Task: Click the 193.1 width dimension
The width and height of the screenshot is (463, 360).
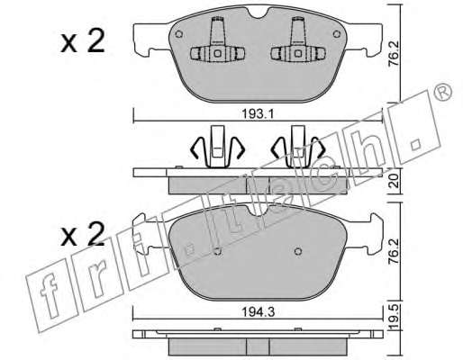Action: pyautogui.click(x=258, y=114)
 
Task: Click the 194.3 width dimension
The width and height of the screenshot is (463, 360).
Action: pyautogui.click(x=259, y=312)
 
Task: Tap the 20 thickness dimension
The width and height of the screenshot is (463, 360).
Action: pyautogui.click(x=395, y=181)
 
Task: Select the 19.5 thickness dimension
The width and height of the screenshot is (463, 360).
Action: pyautogui.click(x=395, y=317)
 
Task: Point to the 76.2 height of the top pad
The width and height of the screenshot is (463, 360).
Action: pyautogui.click(x=395, y=53)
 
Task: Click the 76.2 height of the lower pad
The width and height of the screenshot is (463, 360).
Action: pyautogui.click(x=395, y=251)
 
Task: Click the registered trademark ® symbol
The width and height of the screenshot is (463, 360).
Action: pyautogui.click(x=443, y=91)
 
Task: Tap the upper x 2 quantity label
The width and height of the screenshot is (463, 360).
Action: pyautogui.click(x=83, y=41)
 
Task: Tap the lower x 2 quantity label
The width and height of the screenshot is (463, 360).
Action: pyautogui.click(x=83, y=234)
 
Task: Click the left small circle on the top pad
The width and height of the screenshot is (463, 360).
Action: pyautogui.click(x=178, y=34)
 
